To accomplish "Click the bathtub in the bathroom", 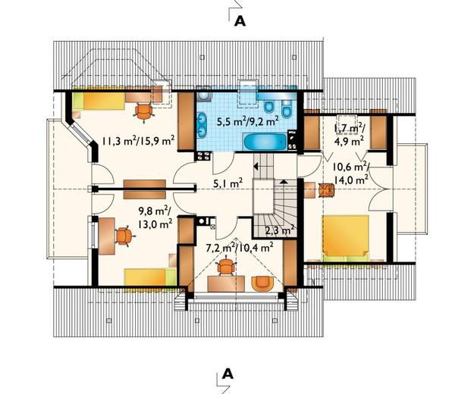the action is [265, 142].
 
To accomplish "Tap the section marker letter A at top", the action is [240, 21].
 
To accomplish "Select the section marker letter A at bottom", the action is [228, 374].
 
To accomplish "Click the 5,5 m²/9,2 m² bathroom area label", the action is [248, 121].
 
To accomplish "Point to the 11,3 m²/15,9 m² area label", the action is [138, 141].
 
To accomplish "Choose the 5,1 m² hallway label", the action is [228, 183].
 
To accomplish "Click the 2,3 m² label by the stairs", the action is [280, 230].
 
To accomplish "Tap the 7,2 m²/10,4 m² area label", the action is [240, 248].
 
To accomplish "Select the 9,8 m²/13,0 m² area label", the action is [155, 217].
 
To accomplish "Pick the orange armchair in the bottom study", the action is [262, 284].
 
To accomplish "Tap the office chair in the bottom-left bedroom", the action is [124, 236].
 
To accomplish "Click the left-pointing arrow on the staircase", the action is [256, 166].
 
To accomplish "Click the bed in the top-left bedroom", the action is [99, 101].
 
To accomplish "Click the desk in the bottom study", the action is [226, 284].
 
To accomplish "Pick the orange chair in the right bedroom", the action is [326, 190].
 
